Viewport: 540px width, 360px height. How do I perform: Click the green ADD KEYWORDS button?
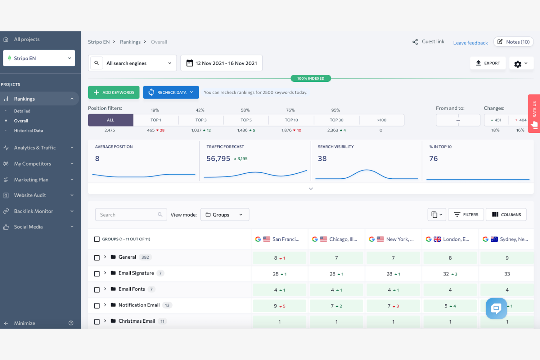[113, 92]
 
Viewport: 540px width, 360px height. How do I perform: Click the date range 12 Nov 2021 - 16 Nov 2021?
[221, 63]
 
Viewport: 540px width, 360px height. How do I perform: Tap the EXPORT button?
[487, 63]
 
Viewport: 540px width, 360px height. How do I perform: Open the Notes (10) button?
[513, 42]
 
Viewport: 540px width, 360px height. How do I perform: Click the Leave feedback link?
[470, 43]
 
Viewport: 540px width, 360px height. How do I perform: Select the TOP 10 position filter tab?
[291, 120]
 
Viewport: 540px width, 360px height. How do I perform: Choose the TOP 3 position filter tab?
[201, 120]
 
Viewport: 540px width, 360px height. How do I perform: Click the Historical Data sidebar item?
[28, 131]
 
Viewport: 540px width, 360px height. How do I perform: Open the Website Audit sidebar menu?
[30, 196]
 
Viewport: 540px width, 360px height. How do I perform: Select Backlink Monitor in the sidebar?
[34, 211]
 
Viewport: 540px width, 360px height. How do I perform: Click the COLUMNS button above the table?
[506, 214]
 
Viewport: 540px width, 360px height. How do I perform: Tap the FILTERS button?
[466, 214]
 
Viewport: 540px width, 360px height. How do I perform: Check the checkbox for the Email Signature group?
[97, 274]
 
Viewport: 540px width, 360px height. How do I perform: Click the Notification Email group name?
[139, 305]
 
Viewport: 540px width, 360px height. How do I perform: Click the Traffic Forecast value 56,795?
[218, 159]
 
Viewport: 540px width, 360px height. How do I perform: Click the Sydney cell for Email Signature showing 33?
[507, 274]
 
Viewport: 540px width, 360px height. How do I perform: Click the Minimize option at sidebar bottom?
[24, 323]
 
